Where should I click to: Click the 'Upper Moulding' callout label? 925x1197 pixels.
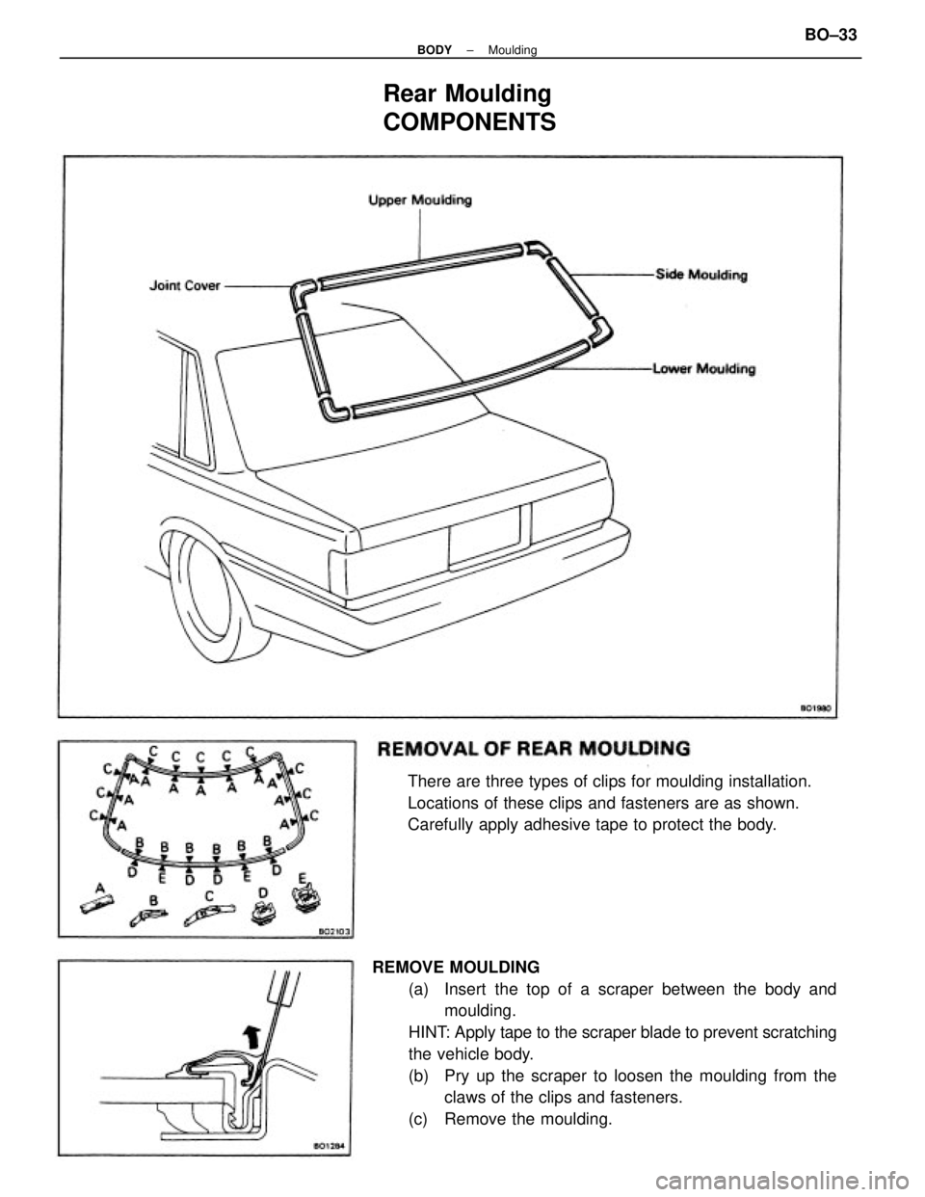420,201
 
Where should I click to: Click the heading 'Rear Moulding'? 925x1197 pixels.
467,93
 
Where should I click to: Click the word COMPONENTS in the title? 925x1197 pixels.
468,123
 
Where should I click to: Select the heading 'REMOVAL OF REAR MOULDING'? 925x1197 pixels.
534,747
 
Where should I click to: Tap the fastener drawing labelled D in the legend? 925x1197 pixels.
261,914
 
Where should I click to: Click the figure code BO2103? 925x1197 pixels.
333,932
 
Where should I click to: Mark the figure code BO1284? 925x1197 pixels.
333,1145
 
